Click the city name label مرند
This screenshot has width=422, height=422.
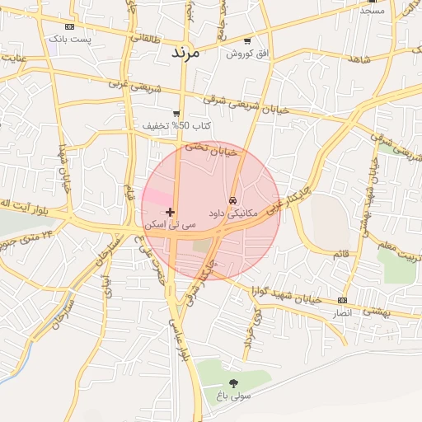[185, 52]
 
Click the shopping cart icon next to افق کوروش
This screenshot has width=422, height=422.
[247, 41]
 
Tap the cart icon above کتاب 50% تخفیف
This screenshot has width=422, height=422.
[176, 114]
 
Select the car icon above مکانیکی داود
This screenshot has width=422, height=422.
[233, 200]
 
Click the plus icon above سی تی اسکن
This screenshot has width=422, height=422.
[171, 212]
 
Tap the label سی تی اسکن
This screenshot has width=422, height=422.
[171, 224]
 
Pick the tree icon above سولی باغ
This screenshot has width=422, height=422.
[233, 382]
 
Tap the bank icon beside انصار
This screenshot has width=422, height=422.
[343, 301]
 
